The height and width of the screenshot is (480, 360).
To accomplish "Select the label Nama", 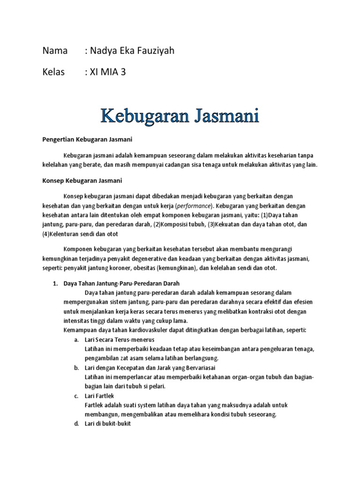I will click(x=55, y=51).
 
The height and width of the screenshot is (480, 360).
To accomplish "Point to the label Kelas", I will click(x=53, y=72).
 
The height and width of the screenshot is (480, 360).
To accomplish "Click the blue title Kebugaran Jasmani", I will click(x=180, y=115).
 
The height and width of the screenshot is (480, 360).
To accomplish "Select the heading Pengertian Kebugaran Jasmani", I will click(x=87, y=139).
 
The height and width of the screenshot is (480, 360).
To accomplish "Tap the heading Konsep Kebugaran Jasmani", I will click(x=82, y=180).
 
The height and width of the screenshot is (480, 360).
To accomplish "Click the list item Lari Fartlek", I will click(x=97, y=396).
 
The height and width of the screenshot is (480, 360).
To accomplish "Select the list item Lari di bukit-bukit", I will click(x=107, y=424).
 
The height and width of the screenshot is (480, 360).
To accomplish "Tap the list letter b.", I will click(x=76, y=367).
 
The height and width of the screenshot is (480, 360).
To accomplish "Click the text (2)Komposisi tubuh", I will click(x=179, y=224).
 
